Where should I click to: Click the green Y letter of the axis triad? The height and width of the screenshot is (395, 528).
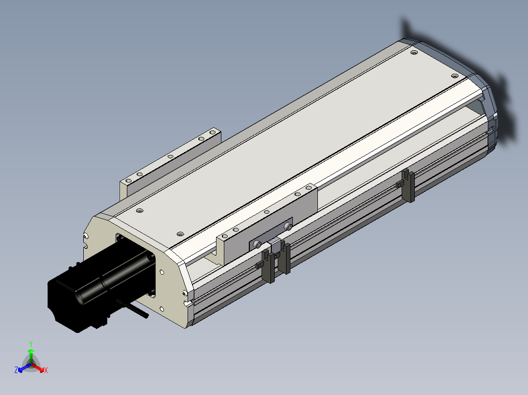coord(31,344)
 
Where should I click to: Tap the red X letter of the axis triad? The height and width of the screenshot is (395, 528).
coord(46,370)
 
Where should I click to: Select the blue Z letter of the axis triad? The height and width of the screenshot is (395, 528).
coord(16,370)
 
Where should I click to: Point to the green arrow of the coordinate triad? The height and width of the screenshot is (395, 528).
coord(31,356)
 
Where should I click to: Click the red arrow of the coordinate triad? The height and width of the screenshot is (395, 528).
coord(38,368)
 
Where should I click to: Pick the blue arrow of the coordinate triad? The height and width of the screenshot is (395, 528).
coord(24,368)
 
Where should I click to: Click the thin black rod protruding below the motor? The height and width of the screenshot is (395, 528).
coord(135,308)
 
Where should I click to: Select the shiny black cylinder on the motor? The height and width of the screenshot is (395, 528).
coord(111,276)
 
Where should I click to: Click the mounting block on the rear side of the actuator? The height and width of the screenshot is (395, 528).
coord(170,161)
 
